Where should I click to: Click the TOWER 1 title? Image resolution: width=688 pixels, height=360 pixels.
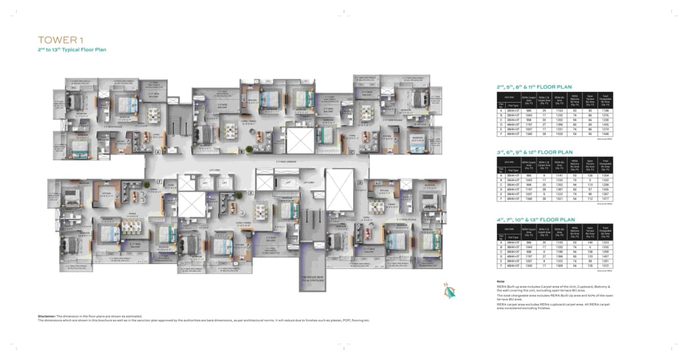58,40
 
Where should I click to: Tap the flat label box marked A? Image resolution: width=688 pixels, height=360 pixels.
157,152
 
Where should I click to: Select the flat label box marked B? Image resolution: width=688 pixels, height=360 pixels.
241,152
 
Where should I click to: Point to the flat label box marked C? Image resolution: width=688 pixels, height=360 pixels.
351,152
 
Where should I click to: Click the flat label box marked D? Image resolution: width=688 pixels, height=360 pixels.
360,183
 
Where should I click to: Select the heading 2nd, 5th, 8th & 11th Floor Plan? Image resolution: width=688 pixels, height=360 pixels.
534,87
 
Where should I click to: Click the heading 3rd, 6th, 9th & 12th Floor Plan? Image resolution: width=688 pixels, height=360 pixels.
534,152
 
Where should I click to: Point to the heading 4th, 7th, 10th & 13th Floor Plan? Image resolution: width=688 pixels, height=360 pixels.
535,219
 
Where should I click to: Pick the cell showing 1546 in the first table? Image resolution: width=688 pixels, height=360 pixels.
604,133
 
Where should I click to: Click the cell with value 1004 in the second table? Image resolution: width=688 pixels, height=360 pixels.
604,175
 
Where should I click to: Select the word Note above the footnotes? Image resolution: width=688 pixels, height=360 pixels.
501,281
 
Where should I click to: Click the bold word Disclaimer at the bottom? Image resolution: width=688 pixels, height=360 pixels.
46,316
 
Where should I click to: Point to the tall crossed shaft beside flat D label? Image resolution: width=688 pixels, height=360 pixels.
340,189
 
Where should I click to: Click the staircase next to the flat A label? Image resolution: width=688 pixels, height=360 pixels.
174,124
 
